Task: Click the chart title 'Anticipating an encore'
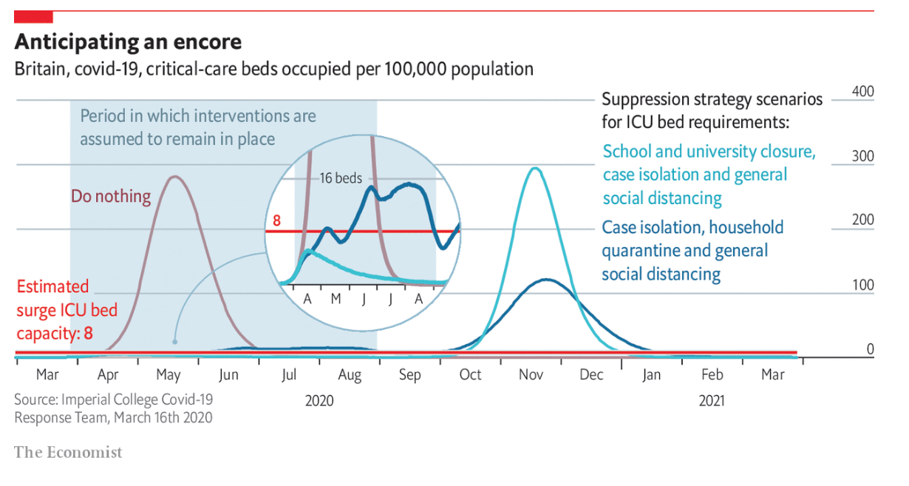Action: point(128,41)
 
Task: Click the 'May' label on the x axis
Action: point(169,375)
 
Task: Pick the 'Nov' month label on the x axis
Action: point(531,375)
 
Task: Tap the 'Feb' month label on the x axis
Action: point(712,375)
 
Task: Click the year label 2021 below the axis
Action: point(712,401)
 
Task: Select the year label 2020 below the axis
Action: point(319,401)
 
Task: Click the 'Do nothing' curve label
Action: point(111,197)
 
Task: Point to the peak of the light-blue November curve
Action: point(535,169)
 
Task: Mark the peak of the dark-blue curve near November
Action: point(545,280)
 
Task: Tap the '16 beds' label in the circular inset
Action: point(341,178)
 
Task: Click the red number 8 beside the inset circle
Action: point(276,220)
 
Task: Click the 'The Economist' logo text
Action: point(68,452)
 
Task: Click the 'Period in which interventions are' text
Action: point(197,116)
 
